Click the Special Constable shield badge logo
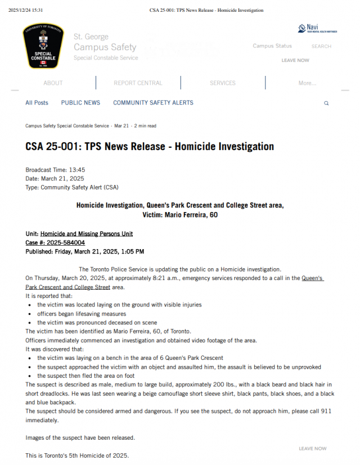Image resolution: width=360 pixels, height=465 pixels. [43, 46]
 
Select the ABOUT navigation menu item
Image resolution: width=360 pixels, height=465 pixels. [53, 83]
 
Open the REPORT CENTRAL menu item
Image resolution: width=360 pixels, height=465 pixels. [138, 83]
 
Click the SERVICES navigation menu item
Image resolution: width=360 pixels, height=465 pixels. [223, 83]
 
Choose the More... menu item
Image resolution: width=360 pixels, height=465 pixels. [307, 83]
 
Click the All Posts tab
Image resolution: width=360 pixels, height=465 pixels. [37, 103]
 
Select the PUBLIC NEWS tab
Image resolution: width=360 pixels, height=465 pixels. [80, 103]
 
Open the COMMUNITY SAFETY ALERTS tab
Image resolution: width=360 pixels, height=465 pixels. [153, 103]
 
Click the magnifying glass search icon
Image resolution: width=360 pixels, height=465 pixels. [326, 103]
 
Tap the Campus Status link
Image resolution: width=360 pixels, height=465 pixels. [272, 46]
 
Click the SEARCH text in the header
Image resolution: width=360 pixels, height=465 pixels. [321, 46]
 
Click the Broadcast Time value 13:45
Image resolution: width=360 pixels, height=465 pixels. [77, 170]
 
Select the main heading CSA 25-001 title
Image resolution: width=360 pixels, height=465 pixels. [150, 147]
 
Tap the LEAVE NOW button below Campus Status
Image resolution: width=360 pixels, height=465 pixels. [295, 60]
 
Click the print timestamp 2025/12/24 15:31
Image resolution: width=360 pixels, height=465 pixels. [26, 10]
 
